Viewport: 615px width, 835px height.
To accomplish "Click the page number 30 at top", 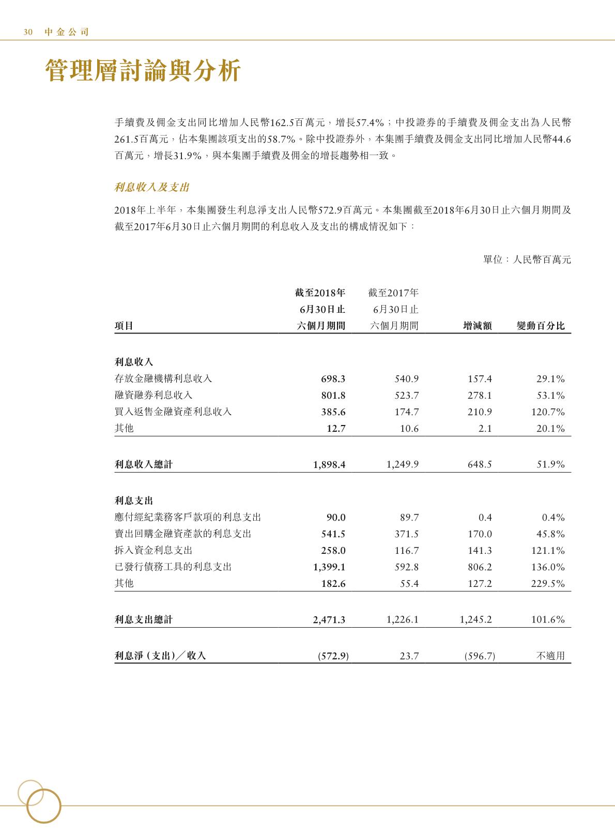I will coord(28,32).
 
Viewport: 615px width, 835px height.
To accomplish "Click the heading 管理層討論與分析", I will coord(143,71).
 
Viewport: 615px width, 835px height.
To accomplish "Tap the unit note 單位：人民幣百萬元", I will coord(527,260).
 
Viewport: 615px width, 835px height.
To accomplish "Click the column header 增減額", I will coord(478,326).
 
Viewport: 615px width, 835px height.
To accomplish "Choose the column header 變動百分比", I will coord(541,326).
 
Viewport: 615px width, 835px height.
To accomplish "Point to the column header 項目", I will coord(124,326).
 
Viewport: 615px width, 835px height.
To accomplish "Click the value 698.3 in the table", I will coord(333,379).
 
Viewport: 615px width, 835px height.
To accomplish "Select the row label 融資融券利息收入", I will coord(153,396).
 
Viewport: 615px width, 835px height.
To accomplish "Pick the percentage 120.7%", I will coord(548,412).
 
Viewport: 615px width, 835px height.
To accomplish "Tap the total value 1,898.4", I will coord(329,464).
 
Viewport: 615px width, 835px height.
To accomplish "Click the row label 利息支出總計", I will coord(144,619).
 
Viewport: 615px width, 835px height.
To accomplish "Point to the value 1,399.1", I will coord(329,567).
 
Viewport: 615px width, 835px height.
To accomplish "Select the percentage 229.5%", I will coord(548,584).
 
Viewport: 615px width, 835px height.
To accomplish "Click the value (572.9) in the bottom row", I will coord(333,656).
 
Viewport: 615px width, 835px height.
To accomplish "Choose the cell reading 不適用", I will coord(550,656).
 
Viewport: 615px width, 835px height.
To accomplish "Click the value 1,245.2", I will coord(475,619).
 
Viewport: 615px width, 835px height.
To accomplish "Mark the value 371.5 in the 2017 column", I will coord(407,534).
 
